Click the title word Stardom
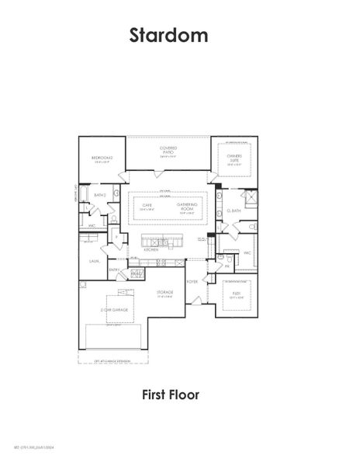coord(168,36)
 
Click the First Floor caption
coord(170,395)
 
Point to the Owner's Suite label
coord(234,158)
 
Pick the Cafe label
coord(144,206)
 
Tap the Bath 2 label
coord(99,195)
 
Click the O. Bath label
coord(234,210)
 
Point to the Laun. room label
coord(93,262)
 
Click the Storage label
coord(164,292)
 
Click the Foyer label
coord(193,282)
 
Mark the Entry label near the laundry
coord(114,270)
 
